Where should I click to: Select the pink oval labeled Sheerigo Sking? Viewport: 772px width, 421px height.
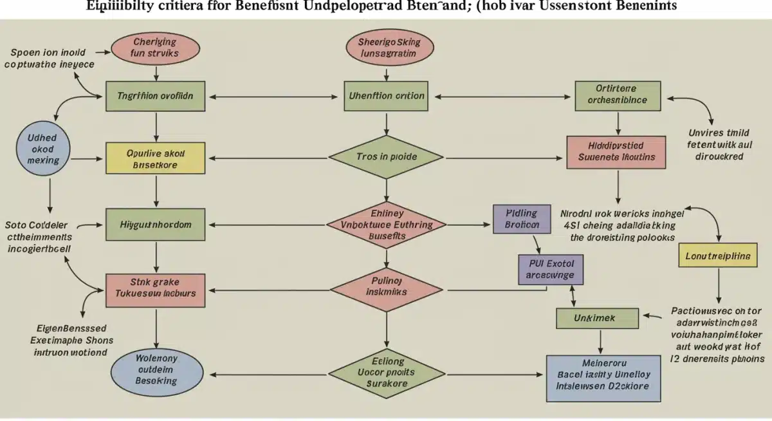(385, 49)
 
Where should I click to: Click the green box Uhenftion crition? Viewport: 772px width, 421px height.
(386, 97)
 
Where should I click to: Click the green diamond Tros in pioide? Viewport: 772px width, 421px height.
(386, 156)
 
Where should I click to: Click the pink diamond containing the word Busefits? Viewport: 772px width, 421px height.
(386, 225)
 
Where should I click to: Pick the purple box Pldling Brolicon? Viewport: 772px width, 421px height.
(522, 218)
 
